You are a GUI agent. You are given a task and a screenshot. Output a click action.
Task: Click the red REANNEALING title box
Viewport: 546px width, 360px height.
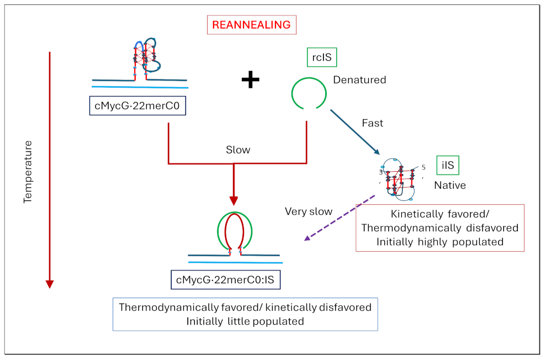click(251, 25)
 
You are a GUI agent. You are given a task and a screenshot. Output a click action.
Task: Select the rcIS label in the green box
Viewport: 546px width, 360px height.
click(321, 57)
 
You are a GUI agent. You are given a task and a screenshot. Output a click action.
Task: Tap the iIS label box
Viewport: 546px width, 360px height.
click(448, 165)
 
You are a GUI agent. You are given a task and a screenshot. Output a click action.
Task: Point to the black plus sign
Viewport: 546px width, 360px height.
click(250, 80)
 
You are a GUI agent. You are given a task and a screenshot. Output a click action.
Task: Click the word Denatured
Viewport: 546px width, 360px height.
click(359, 80)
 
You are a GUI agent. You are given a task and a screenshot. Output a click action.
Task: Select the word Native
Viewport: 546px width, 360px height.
click(449, 185)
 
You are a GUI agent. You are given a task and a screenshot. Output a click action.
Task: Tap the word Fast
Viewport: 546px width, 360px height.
click(372, 123)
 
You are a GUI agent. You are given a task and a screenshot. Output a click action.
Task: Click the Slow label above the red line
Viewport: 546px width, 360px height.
click(238, 150)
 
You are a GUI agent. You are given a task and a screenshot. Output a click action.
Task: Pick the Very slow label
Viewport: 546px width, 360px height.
click(309, 211)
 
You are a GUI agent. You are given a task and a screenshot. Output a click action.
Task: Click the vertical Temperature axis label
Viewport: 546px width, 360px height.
click(29, 172)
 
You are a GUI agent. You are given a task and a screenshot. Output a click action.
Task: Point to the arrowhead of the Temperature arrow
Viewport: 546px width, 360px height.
click(50, 284)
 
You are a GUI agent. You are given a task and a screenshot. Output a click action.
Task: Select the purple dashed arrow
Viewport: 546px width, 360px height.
click(340, 217)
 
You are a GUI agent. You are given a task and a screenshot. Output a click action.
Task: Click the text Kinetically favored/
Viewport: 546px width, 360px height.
click(439, 214)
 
